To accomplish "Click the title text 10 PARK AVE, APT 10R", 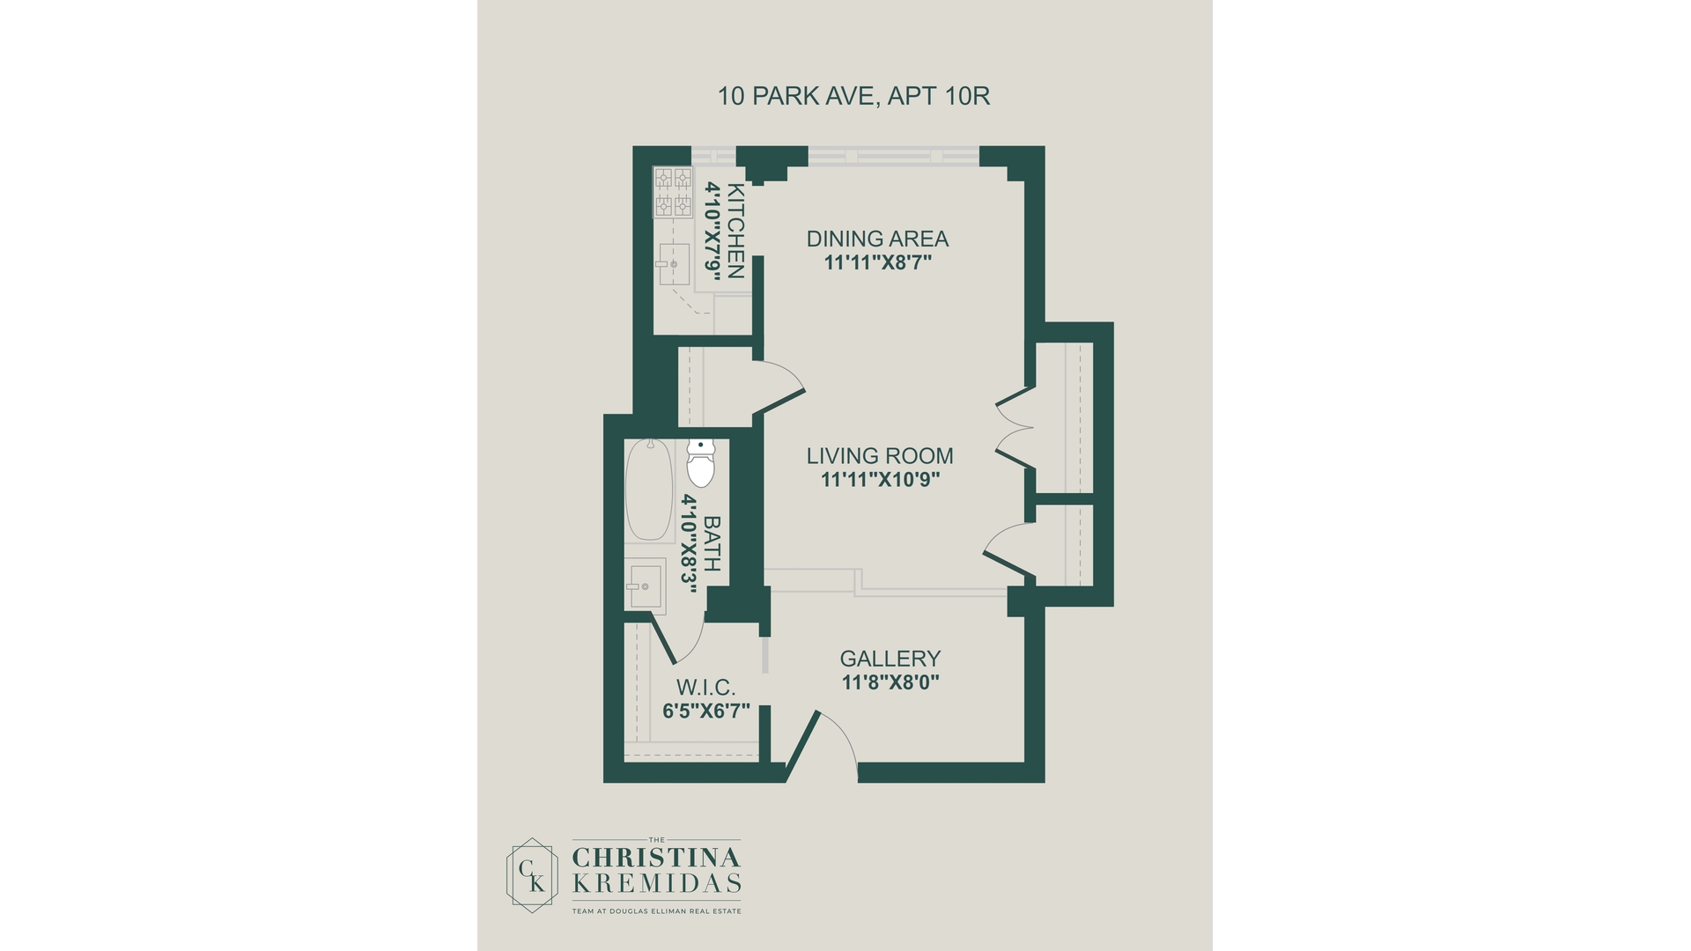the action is pyautogui.click(x=853, y=96).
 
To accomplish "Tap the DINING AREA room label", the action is pyautogui.click(x=877, y=239).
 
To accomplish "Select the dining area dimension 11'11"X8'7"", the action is pyautogui.click(x=878, y=262).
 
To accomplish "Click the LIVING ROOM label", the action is pyautogui.click(x=880, y=456).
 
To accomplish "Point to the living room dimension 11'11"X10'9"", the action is pyautogui.click(x=881, y=480).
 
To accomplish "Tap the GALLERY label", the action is pyautogui.click(x=890, y=659).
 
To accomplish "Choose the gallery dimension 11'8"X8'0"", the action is pyautogui.click(x=890, y=682).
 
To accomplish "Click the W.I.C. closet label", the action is pyautogui.click(x=705, y=688).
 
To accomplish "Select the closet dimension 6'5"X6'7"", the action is pyautogui.click(x=706, y=711).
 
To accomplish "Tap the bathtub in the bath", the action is pyautogui.click(x=649, y=490).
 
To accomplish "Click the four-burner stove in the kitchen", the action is pyautogui.click(x=673, y=192).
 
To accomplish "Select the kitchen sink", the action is pyautogui.click(x=674, y=264).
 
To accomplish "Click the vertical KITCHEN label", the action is pyautogui.click(x=735, y=231).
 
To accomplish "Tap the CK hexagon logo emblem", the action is pyautogui.click(x=532, y=875).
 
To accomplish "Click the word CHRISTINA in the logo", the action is pyautogui.click(x=657, y=857).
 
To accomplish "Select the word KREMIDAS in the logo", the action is pyautogui.click(x=657, y=883).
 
